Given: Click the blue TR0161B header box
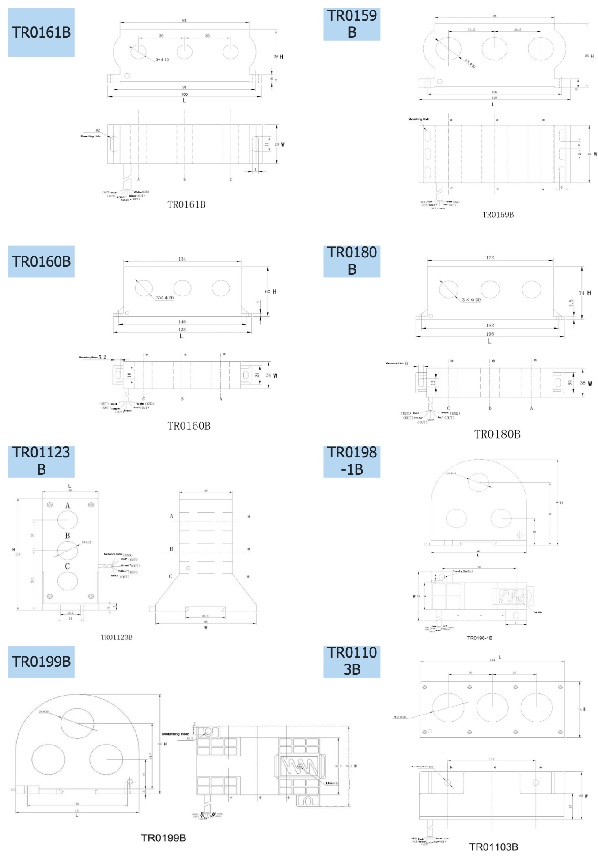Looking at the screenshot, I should click(41, 33).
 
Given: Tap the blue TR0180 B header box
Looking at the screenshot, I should click(352, 261).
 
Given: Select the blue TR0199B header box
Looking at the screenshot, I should click(41, 662).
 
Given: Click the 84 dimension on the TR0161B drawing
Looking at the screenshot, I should click(184, 20).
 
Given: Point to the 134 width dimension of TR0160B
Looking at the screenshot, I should click(182, 259).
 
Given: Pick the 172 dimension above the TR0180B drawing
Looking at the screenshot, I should click(490, 257).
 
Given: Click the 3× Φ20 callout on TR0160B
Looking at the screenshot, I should click(165, 298).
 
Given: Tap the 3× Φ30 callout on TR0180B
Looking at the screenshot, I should click(471, 300).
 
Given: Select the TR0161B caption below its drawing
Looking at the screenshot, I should click(186, 204).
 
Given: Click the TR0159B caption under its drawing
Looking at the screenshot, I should click(498, 215).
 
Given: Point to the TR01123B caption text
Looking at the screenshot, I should click(117, 637).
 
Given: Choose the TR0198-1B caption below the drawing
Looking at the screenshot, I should click(480, 638).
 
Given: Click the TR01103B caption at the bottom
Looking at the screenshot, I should click(493, 847).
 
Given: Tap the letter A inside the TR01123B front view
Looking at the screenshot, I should click(68, 506).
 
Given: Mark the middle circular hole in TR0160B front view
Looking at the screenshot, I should click(182, 288).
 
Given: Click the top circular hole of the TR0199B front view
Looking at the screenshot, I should click(77, 723).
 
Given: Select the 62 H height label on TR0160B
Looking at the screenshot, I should click(271, 291).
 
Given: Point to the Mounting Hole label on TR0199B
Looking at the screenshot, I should click(175, 734).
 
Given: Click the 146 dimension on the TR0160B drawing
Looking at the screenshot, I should click(182, 322).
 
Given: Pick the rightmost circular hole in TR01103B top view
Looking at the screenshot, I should click(536, 707).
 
